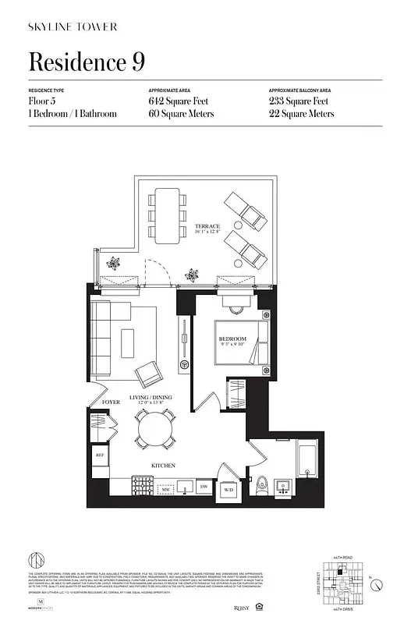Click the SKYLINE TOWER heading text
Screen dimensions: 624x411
73,27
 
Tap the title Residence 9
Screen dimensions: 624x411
87,61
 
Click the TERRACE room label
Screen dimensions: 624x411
207,226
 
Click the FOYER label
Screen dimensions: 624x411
112,402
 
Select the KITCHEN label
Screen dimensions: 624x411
162,466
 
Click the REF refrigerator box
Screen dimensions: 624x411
100,455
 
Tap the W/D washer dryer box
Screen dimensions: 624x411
229,490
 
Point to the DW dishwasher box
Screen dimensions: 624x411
203,487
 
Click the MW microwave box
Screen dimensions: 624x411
166,490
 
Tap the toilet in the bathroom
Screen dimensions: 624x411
263,483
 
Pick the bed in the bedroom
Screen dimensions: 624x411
242,343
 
